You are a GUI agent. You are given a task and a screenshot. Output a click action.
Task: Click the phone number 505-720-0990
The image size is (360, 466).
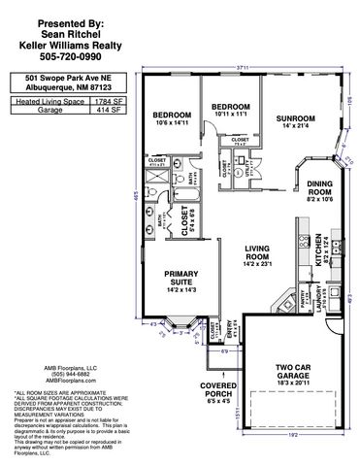click(64, 54)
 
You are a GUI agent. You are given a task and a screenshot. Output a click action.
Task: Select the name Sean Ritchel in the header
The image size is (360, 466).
click(64, 30)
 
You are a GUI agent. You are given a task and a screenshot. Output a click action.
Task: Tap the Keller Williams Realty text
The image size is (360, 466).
click(64, 42)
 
